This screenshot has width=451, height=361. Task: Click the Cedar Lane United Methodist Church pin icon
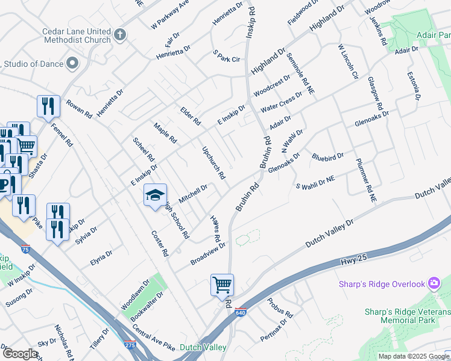[120, 35]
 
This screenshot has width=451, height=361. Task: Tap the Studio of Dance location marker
[73, 63]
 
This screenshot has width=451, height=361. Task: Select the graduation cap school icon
[155, 194]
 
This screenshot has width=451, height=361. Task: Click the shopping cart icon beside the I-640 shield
[222, 285]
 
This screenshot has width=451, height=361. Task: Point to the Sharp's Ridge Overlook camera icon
[434, 283]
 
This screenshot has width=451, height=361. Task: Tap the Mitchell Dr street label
[193, 194]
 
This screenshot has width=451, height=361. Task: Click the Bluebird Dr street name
[327, 157]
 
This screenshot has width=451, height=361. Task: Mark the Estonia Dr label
[414, 85]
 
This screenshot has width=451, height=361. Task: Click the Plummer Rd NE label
[366, 179]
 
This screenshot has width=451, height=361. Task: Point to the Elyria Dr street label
[101, 257]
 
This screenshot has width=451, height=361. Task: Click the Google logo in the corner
[20, 354]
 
